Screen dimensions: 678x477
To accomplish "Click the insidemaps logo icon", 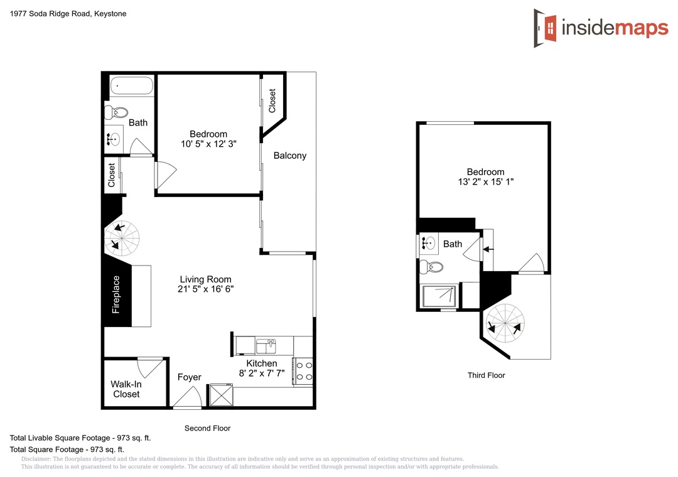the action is point(546,28).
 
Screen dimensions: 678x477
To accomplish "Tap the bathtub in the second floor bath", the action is point(131,85).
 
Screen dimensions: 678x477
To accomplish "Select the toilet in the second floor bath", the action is point(116,112).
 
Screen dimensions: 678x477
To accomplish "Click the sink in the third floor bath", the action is point(428,243).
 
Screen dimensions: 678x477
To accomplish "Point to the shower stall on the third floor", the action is point(439,296).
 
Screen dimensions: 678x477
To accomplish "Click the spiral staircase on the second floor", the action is point(122,238).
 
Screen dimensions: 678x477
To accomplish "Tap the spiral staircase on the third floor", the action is point(505,323).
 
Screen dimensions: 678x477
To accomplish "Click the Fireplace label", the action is point(116,294).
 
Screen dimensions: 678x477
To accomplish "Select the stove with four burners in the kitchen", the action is point(303,372).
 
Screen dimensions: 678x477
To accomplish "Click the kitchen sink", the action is point(266,346).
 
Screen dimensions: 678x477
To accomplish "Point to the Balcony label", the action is point(289,156).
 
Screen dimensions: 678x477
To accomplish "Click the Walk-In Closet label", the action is point(126,389).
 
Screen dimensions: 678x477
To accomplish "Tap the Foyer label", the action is point(190,378).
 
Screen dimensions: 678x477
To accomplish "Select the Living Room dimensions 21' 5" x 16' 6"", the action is point(206,289).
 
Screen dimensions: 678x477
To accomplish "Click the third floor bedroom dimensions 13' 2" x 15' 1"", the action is point(486,182).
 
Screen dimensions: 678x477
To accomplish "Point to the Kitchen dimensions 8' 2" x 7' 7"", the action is point(262,373).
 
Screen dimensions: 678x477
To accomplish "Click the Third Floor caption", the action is point(486,375).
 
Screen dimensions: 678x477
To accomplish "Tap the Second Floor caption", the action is point(208,428).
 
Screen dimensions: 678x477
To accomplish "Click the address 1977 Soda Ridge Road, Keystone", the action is point(68,14).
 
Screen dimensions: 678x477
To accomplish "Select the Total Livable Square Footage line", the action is point(80,438).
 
